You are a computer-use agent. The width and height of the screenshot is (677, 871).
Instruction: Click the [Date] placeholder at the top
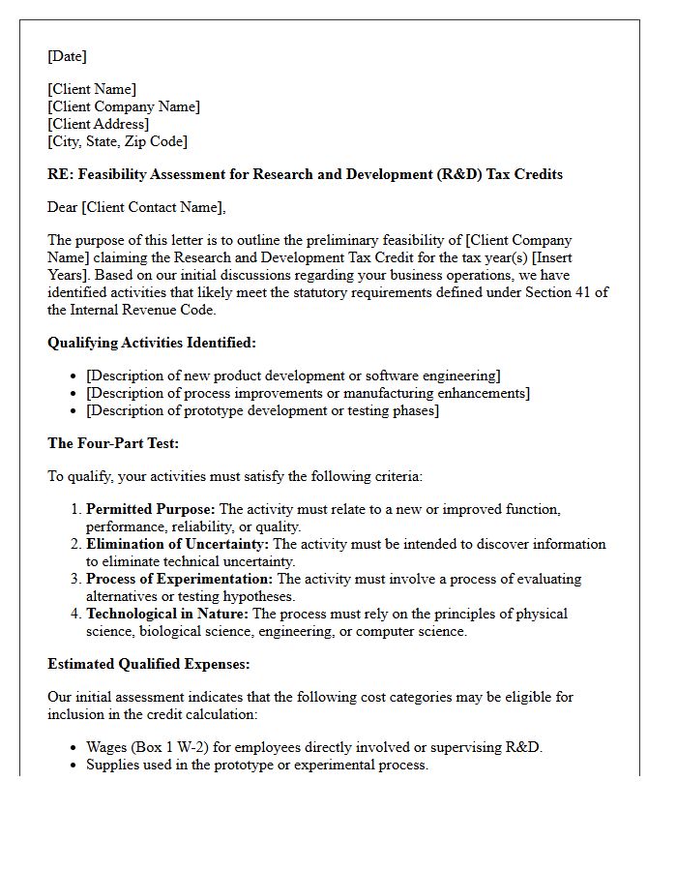tap(67, 56)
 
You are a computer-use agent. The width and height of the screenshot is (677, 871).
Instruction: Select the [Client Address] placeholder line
tap(98, 124)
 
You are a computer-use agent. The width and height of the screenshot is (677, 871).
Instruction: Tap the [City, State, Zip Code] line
tap(117, 141)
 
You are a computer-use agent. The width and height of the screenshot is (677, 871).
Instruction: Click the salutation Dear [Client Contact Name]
tap(135, 207)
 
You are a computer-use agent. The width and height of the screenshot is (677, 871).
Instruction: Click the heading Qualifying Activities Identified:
tap(152, 343)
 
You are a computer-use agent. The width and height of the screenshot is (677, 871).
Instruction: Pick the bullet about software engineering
tap(293, 375)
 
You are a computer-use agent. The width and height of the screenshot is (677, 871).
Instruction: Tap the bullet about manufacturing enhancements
tap(308, 393)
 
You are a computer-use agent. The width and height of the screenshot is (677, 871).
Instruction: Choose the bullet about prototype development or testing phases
tap(262, 410)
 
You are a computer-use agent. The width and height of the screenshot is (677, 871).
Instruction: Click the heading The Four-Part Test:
tap(113, 443)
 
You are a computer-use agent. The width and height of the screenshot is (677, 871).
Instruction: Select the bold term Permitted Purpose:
tap(151, 509)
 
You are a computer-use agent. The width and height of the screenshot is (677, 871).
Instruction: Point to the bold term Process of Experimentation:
tap(179, 579)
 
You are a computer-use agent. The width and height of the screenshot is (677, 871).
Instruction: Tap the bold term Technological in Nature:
tap(167, 614)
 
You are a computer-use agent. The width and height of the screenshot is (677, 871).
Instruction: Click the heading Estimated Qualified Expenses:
tap(148, 664)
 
